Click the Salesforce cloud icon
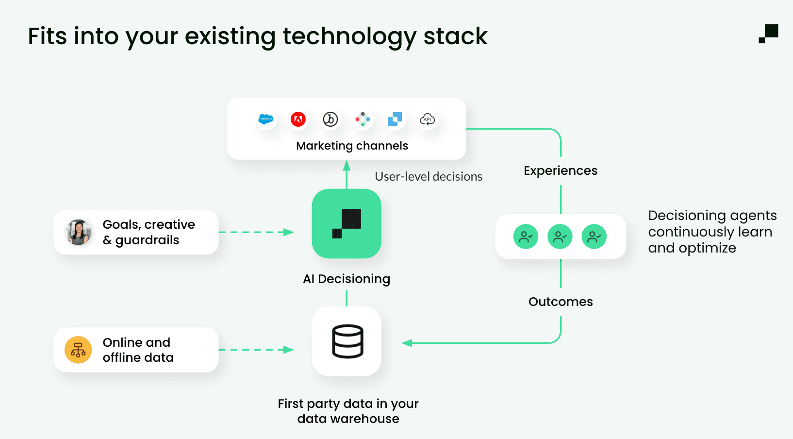265,119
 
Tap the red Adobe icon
298,119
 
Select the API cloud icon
427,119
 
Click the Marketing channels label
352,146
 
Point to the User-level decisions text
429,176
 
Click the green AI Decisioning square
347,223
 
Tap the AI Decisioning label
347,279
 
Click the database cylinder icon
347,341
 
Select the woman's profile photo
78,232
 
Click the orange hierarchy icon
78,350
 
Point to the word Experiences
561,170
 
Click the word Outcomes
561,302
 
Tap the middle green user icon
560,236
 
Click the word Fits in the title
47,36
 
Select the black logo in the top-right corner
769,34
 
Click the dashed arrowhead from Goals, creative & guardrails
289,232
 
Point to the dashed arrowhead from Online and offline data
289,350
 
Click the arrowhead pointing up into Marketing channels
347,166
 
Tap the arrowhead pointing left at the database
407,343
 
